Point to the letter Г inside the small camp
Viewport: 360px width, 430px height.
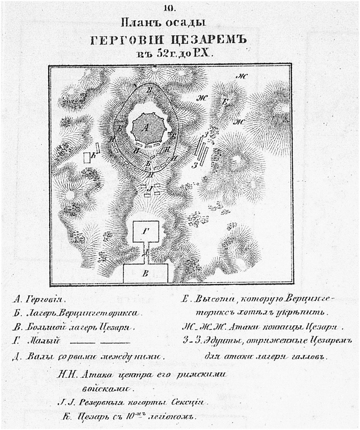coord(145,231)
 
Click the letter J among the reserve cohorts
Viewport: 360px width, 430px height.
coord(151,188)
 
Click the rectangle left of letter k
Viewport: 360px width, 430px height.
coord(86,158)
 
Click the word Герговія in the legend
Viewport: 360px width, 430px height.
coord(47,299)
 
